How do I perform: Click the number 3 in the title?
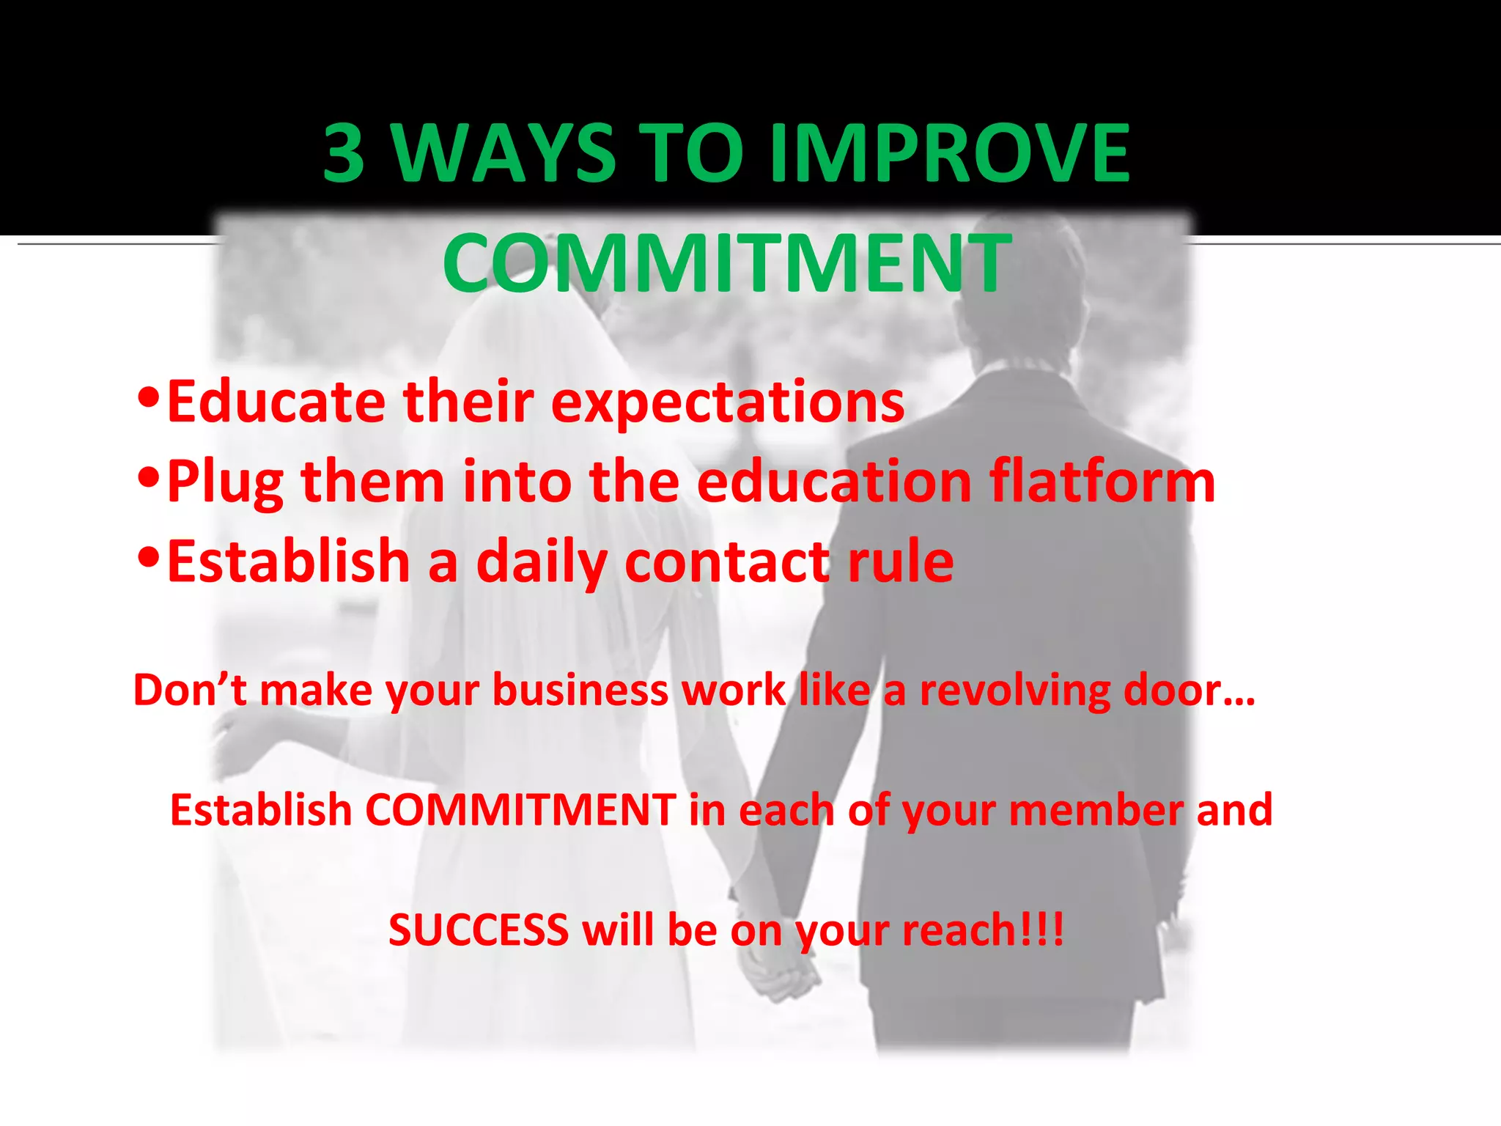click(x=344, y=153)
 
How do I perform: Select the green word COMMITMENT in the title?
click(x=727, y=263)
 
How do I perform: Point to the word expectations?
click(x=728, y=402)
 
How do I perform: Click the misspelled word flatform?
click(x=1102, y=482)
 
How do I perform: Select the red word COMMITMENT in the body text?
click(x=520, y=810)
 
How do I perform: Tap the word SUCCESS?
click(x=479, y=930)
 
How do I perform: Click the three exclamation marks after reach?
click(x=1041, y=930)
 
